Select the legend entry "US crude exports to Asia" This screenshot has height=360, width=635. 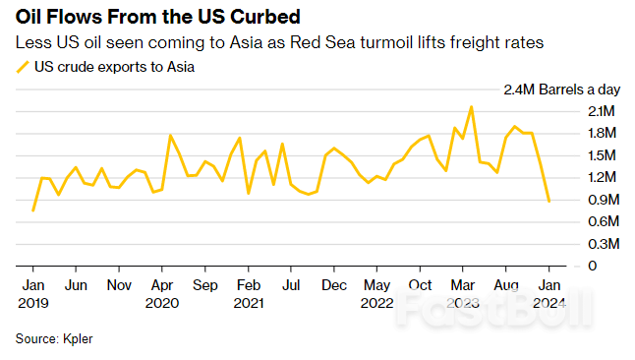pyautogui.click(x=114, y=67)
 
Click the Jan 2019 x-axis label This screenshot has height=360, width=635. pyautogui.click(x=32, y=293)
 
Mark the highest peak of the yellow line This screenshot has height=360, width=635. pyautogui.click(x=472, y=107)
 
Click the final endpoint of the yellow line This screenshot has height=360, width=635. pyautogui.click(x=548, y=202)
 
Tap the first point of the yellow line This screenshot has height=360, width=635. pyautogui.click(x=33, y=210)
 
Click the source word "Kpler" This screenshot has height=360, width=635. pyautogui.click(x=78, y=338)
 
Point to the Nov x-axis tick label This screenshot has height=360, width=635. pyautogui.click(x=119, y=285)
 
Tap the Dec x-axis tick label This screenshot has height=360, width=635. pyautogui.click(x=334, y=285)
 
